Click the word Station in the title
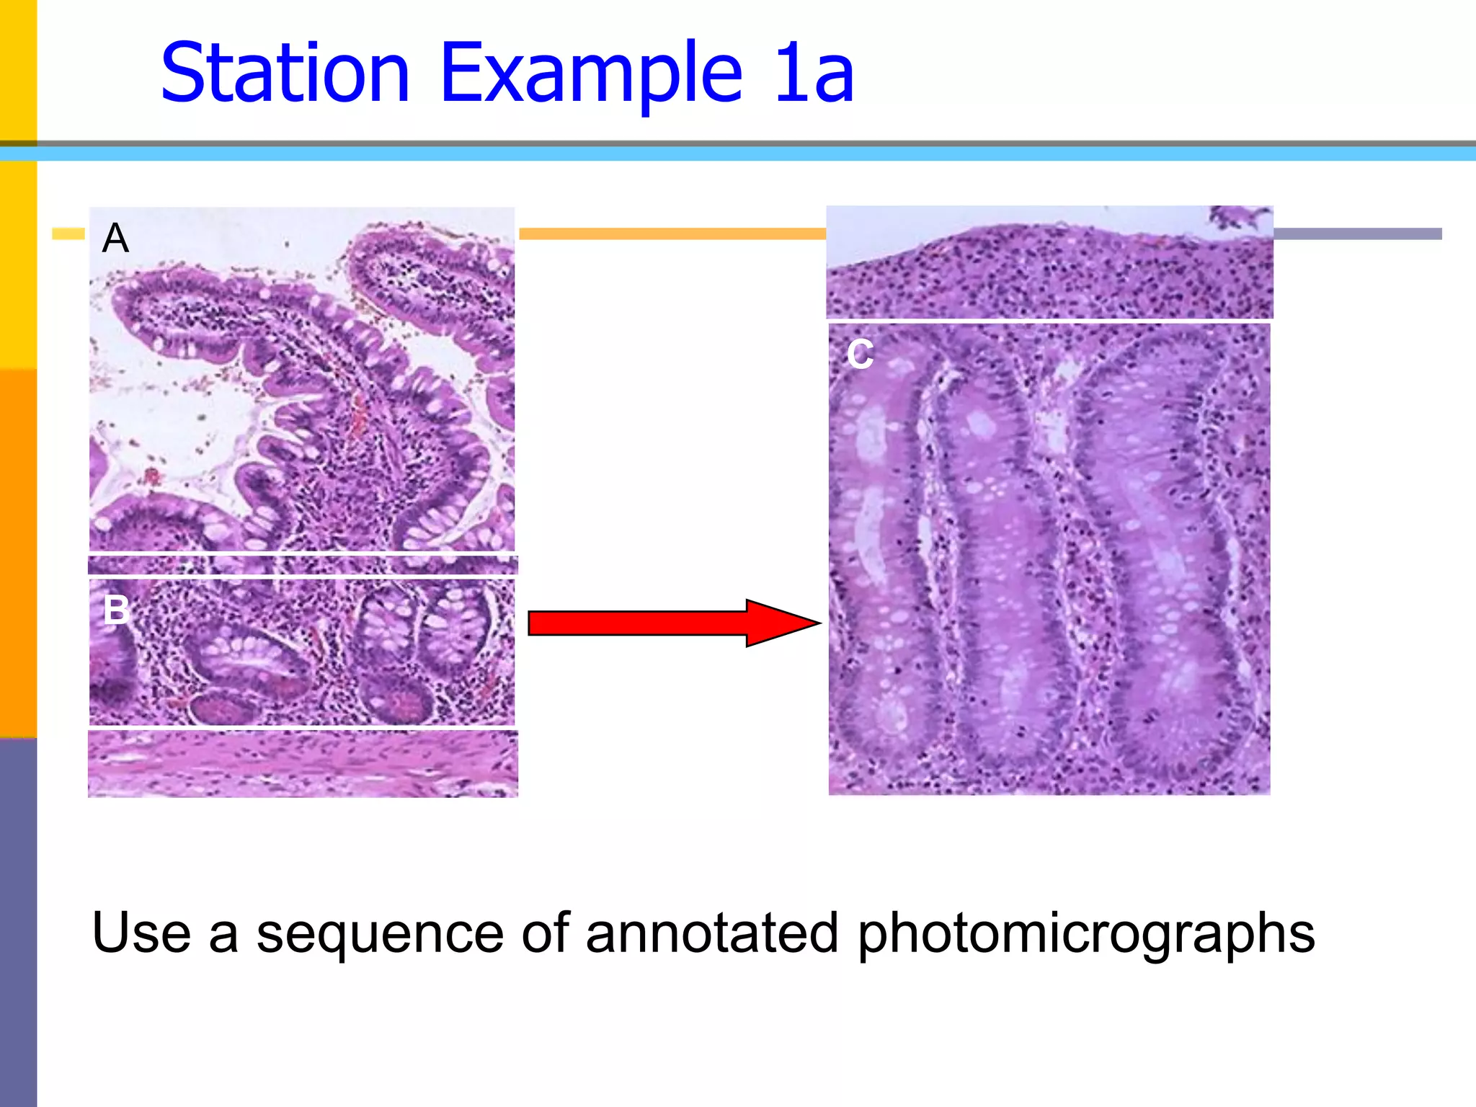tap(285, 74)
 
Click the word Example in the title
tap(591, 74)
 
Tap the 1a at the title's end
tap(814, 74)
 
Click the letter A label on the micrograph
tap(115, 239)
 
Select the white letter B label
tap(116, 610)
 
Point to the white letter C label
tap(860, 354)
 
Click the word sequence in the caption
tap(380, 933)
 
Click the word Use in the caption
tap(141, 933)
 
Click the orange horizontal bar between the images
tap(672, 234)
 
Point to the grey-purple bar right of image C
tap(1357, 234)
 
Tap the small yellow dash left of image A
tap(68, 234)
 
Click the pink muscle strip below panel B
tap(303, 764)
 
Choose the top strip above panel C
tap(1049, 263)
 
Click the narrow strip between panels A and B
tap(303, 565)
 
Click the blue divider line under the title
tap(738, 154)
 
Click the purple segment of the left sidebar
tap(18, 922)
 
